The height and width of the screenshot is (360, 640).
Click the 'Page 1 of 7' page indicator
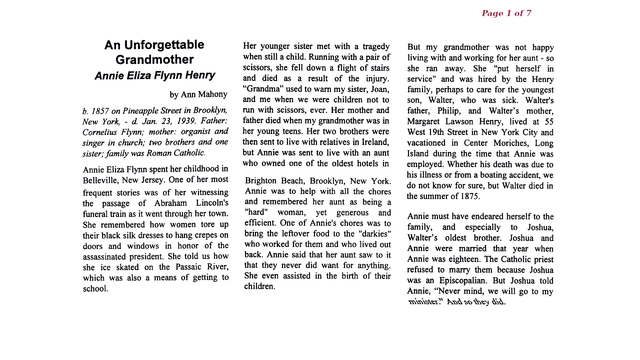pos(506,13)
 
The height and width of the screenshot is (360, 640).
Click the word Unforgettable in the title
pos(164,45)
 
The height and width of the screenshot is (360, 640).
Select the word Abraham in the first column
pos(170,203)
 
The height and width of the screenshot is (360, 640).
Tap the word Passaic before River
pos(188,267)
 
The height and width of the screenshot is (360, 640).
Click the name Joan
pos(380,89)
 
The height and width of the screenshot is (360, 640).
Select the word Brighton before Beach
pos(260,181)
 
